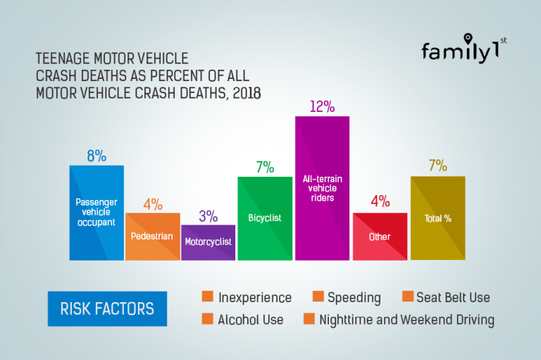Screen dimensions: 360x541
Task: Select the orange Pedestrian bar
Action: [152, 237]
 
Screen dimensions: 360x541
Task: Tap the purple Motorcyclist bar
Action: [209, 242]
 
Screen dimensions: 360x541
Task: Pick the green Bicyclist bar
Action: [265, 218]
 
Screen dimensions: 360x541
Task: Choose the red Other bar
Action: [380, 237]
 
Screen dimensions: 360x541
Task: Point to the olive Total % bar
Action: [437, 218]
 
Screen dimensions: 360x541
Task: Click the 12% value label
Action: [322, 107]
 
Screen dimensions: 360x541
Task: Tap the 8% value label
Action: [97, 156]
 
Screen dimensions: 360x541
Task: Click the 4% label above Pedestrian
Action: [153, 204]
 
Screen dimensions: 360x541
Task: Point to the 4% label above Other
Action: [380, 201]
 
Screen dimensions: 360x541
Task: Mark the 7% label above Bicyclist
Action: [265, 167]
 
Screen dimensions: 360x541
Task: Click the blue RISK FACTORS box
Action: [107, 309]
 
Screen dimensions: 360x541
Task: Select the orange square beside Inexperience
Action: [207, 297]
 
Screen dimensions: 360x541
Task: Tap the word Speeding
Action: [354, 297]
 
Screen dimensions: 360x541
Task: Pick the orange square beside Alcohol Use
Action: [207, 319]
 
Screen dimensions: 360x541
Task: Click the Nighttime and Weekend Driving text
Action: [406, 320]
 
